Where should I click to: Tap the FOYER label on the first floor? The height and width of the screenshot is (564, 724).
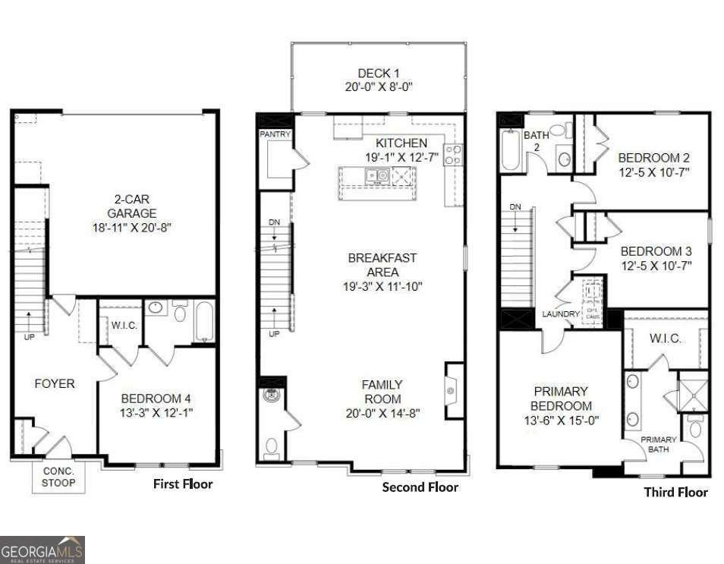coord(55,384)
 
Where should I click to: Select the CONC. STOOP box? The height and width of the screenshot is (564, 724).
coord(58,477)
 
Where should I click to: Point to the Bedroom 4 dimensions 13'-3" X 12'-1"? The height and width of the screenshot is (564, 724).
coord(156,412)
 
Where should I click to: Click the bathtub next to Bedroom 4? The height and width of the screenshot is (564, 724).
coord(204,321)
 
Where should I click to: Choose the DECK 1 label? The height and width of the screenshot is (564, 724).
coord(379,74)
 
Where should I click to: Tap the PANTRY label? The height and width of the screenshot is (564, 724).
coord(275,134)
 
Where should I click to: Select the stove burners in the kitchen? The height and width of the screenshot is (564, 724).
coord(453,155)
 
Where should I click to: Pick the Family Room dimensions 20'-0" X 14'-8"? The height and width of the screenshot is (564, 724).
coord(382,413)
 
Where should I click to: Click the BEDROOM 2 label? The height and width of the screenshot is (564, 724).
coord(653,158)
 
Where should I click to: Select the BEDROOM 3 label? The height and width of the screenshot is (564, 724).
coord(656,251)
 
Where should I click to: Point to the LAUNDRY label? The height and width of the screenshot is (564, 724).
coord(561,314)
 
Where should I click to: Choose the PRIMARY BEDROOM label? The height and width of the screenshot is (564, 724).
coord(560,399)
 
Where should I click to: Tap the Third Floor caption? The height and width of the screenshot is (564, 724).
coord(675,492)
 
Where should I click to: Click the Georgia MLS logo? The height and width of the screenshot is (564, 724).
coord(42,550)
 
